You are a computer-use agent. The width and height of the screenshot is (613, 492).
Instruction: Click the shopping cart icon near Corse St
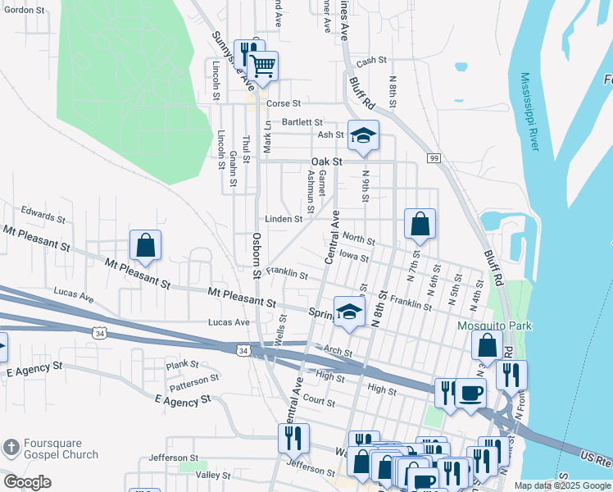click(263, 66)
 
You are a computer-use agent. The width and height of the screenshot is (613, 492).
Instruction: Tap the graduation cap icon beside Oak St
click(362, 136)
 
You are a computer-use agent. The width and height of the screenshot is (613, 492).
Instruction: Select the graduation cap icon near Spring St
click(348, 312)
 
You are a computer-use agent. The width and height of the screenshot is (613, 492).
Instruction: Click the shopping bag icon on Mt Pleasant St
click(145, 245)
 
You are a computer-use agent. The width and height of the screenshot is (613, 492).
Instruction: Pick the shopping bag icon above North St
click(420, 224)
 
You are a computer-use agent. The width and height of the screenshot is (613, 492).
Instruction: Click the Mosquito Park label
click(494, 326)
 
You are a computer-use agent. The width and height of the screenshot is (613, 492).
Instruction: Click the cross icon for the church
click(11, 448)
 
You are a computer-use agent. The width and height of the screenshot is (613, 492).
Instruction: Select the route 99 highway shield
click(434, 157)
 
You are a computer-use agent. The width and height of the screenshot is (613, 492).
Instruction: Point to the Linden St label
click(284, 219)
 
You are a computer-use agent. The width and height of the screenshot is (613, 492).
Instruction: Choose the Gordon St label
click(23, 10)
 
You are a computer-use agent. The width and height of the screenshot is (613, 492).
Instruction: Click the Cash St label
click(371, 61)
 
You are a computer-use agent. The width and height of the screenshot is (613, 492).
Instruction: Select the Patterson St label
click(194, 381)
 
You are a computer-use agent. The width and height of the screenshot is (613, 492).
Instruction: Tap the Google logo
click(27, 482)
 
